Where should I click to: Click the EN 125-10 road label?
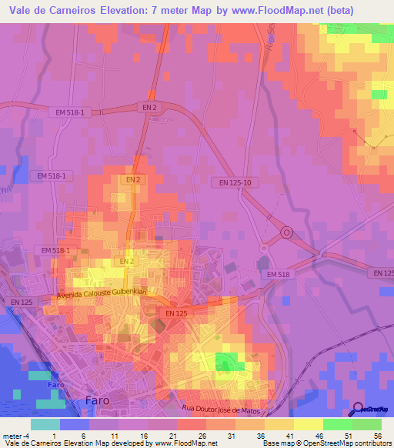click(x=232, y=182)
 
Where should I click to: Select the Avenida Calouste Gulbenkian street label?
click(x=101, y=294)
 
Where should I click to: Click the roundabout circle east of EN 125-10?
click(x=286, y=232)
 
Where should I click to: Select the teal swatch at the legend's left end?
click(x=45, y=424)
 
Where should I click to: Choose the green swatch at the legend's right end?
click(x=367, y=424)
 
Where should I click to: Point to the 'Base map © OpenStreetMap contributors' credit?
click(x=326, y=443)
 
